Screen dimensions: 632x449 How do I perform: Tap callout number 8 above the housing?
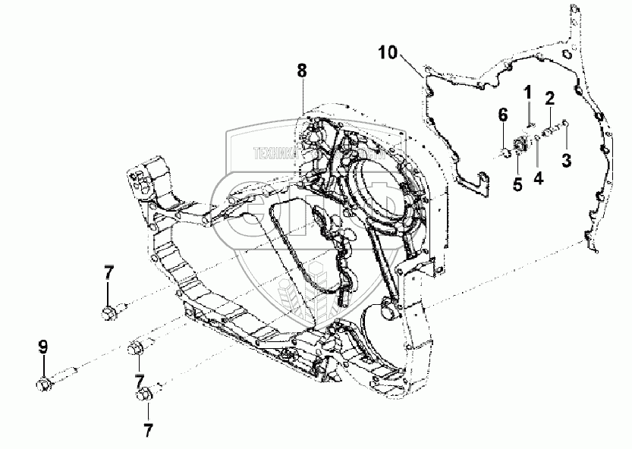(302, 71)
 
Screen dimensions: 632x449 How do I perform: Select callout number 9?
(43, 348)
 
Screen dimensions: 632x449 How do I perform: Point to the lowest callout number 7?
(147, 430)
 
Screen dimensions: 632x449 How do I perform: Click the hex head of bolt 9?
(44, 385)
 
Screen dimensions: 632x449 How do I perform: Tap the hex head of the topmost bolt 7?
(108, 312)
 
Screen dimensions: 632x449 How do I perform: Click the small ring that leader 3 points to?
(566, 124)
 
